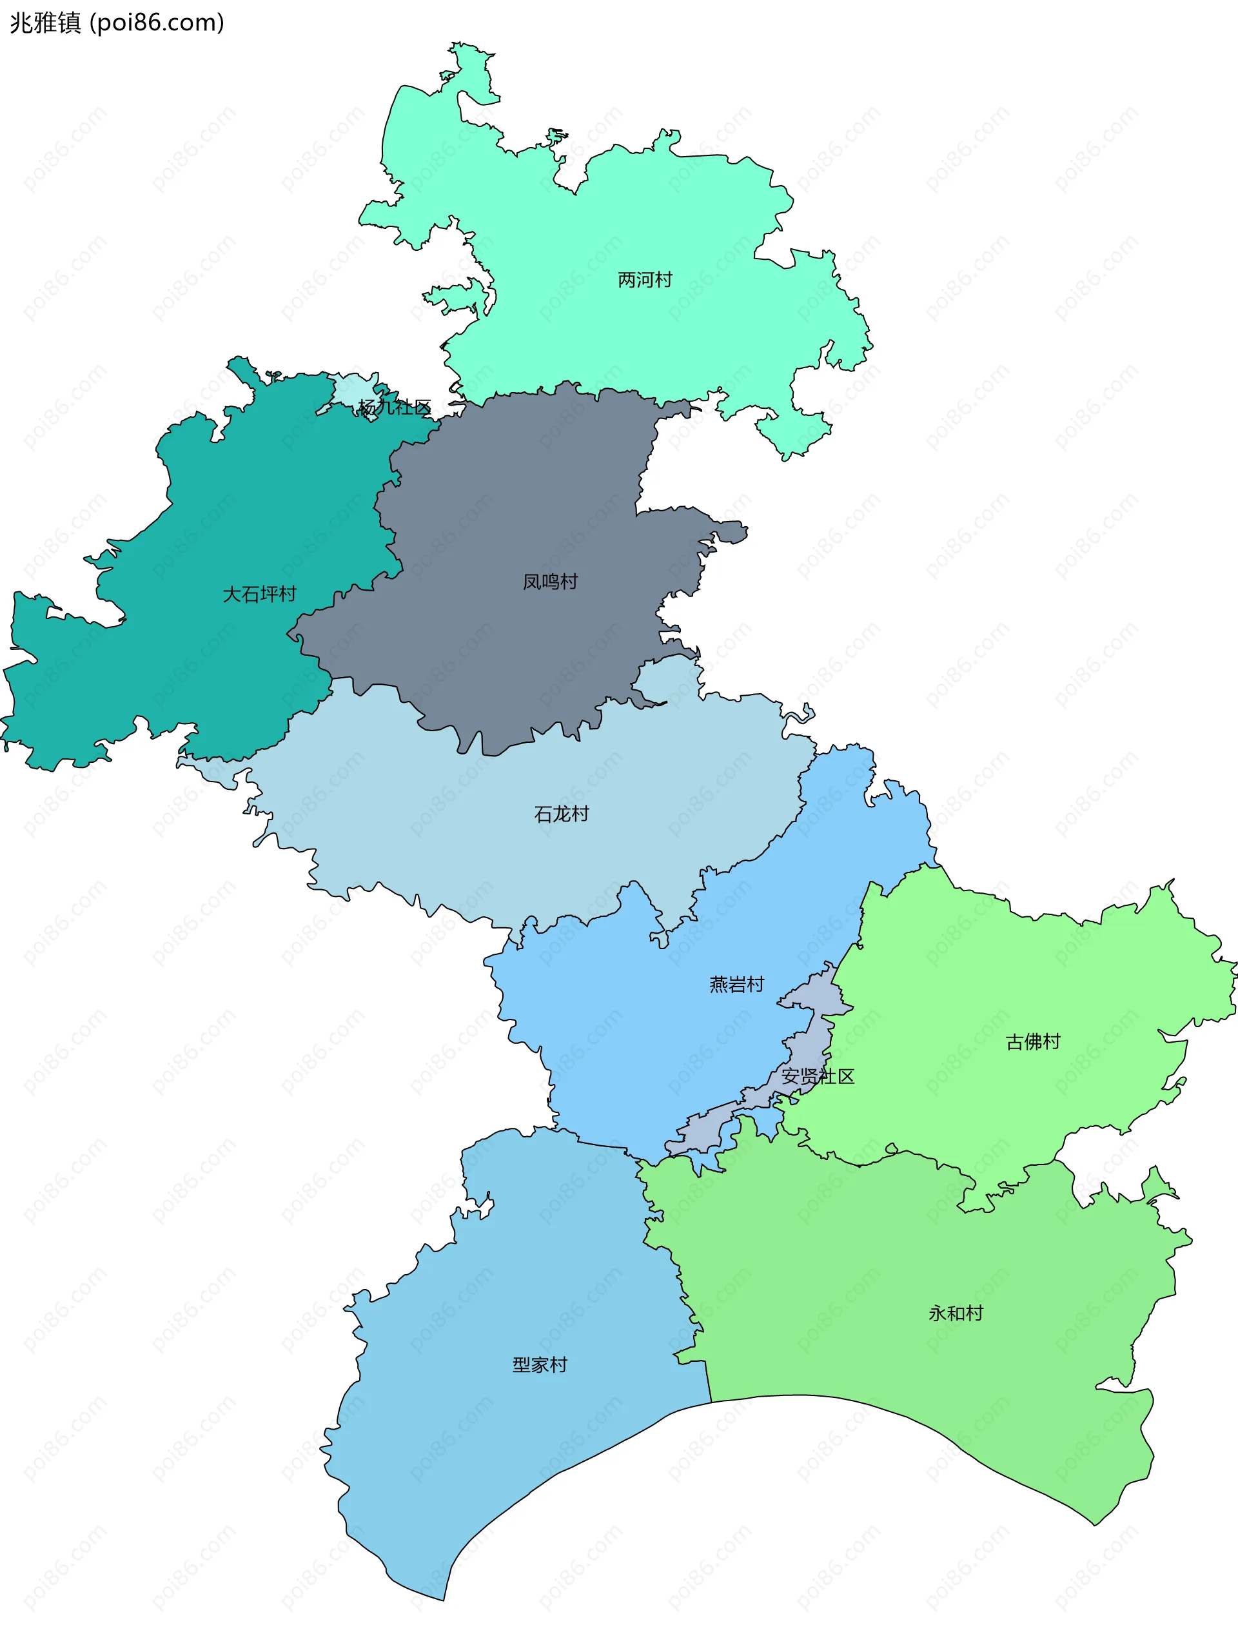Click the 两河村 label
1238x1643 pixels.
pyautogui.click(x=644, y=280)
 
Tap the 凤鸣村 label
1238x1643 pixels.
pyautogui.click(x=549, y=582)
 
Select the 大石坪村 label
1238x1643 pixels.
pyautogui.click(x=259, y=595)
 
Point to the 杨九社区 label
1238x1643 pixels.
pyautogui.click(x=395, y=407)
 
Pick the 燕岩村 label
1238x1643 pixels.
pyautogui.click(x=736, y=985)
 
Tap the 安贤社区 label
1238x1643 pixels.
pyautogui.click(x=818, y=1076)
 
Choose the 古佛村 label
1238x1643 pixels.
pyautogui.click(x=1032, y=1042)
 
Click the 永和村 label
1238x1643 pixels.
pyautogui.click(x=955, y=1313)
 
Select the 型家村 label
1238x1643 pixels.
pyautogui.click(x=539, y=1364)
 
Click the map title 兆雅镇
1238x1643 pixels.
pyautogui.click(x=44, y=23)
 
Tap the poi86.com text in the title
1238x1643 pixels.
pyautogui.click(x=157, y=23)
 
